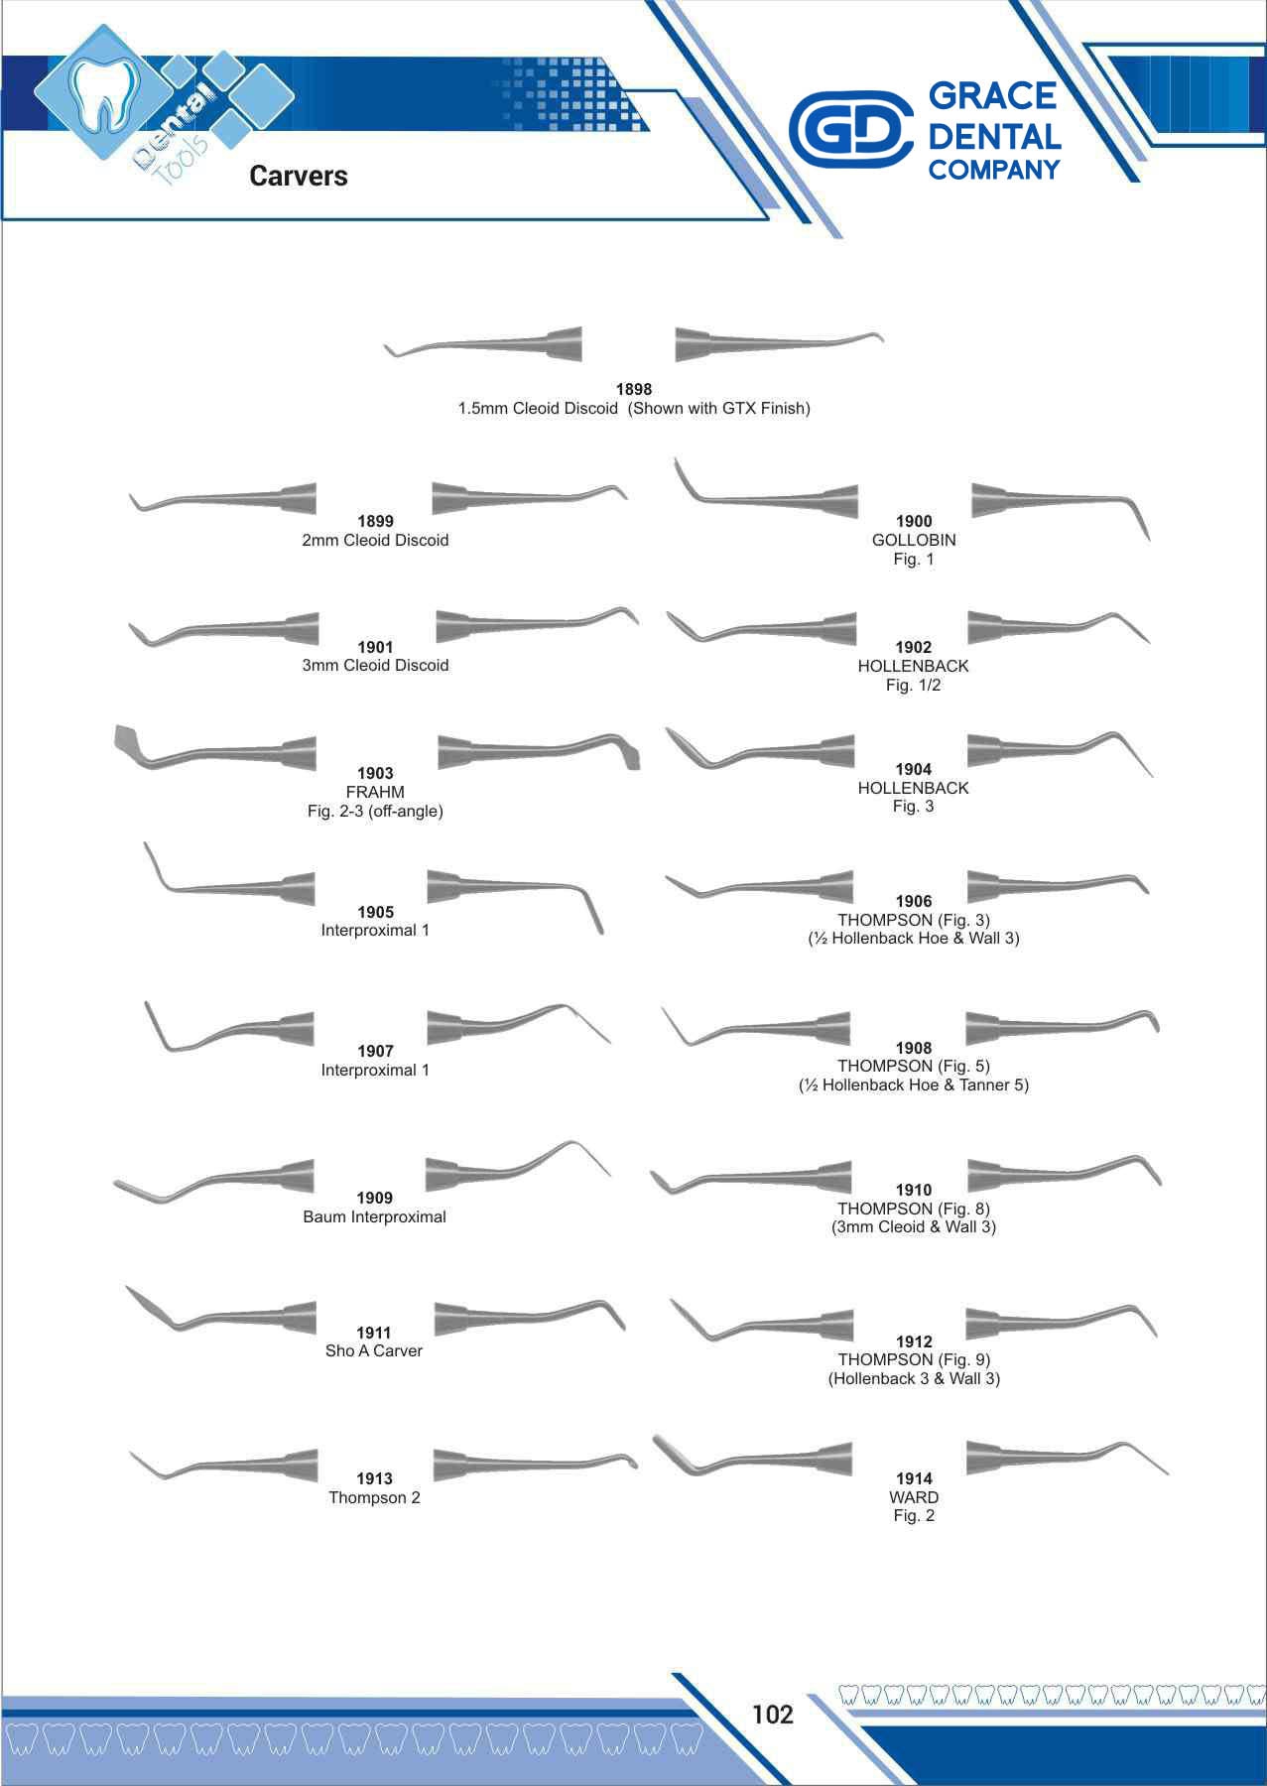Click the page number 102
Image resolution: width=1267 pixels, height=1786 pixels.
(772, 1715)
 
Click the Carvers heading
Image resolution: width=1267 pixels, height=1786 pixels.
(299, 177)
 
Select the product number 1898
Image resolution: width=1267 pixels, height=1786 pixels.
(634, 390)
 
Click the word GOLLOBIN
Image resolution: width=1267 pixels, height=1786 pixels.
(914, 541)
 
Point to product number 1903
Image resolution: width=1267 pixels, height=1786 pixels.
(375, 773)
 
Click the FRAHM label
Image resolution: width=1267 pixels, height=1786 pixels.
(375, 792)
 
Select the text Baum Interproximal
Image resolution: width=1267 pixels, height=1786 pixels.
(374, 1216)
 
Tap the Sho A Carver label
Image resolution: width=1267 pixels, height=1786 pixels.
(374, 1350)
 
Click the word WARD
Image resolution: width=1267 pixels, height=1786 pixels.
(914, 1497)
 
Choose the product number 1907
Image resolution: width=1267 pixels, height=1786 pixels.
(375, 1051)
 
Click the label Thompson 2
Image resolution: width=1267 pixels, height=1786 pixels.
(374, 1497)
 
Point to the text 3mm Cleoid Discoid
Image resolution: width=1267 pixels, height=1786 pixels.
(375, 666)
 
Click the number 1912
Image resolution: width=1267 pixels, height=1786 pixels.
(914, 1341)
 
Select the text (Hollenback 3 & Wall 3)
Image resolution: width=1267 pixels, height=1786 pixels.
(914, 1378)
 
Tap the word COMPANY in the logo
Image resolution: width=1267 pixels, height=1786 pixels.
(994, 170)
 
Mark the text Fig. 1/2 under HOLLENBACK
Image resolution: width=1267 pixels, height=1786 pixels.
(914, 685)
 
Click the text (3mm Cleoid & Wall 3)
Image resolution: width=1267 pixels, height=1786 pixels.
(914, 1226)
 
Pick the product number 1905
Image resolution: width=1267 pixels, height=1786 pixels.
(375, 912)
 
